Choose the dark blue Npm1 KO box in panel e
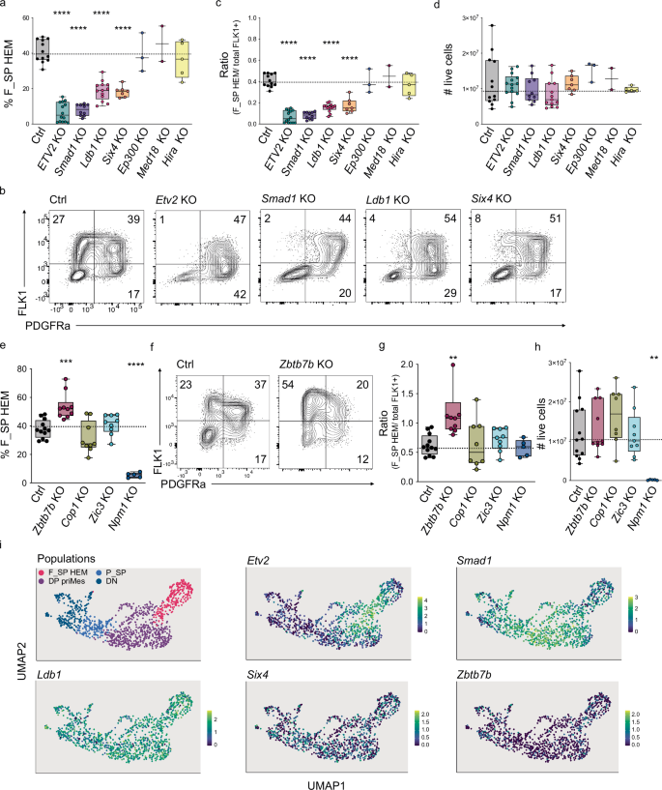(132, 447)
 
